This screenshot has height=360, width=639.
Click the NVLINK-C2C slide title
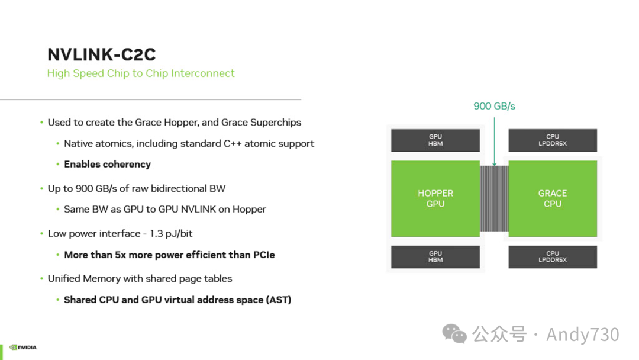(x=101, y=54)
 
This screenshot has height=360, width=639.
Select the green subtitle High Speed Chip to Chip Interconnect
(x=141, y=73)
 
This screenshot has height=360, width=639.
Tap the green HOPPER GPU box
(x=435, y=198)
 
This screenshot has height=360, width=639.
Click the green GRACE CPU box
(x=552, y=198)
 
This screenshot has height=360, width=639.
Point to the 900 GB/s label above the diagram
(x=494, y=106)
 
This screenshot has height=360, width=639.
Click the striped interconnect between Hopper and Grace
(x=494, y=198)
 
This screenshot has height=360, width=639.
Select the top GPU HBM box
(x=435, y=140)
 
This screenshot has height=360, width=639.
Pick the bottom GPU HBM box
(x=435, y=257)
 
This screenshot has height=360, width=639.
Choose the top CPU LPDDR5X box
(x=552, y=140)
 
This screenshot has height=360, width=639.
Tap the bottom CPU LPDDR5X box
(x=552, y=257)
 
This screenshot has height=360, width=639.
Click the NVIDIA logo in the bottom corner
(x=23, y=348)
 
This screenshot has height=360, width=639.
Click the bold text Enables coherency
(x=107, y=165)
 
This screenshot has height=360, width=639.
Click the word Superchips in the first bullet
(x=275, y=123)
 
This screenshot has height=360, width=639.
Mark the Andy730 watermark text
(x=582, y=335)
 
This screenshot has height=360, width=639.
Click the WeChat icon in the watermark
(x=454, y=334)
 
